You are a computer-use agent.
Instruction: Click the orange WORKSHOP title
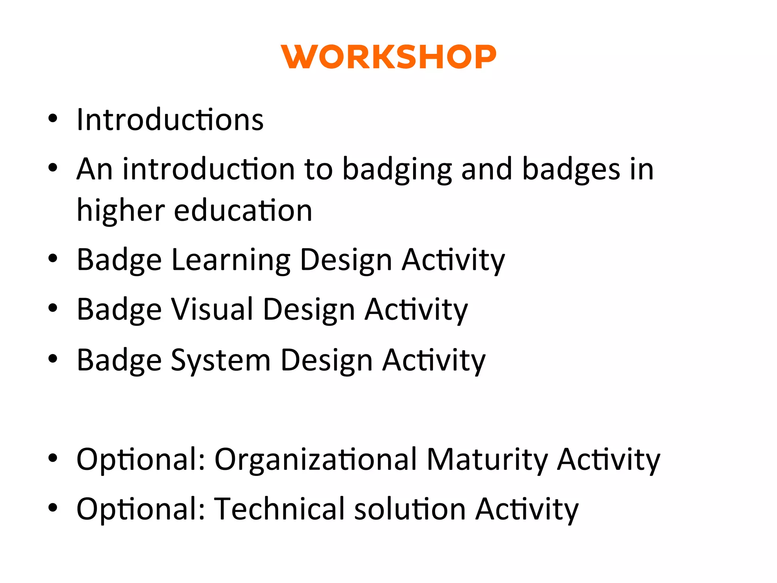click(388, 57)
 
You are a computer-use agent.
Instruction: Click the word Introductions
click(170, 120)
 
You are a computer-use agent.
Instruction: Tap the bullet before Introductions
click(53, 118)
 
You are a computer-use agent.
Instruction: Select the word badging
click(397, 170)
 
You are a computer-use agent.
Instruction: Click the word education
click(243, 211)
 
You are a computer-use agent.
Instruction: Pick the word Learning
click(231, 260)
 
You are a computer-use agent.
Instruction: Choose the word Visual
click(212, 309)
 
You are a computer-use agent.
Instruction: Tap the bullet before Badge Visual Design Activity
click(53, 308)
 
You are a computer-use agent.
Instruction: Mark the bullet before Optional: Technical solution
click(53, 507)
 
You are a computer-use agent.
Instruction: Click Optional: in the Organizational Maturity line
click(141, 460)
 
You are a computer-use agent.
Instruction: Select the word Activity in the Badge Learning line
click(453, 260)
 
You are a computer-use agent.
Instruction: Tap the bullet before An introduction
click(53, 168)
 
